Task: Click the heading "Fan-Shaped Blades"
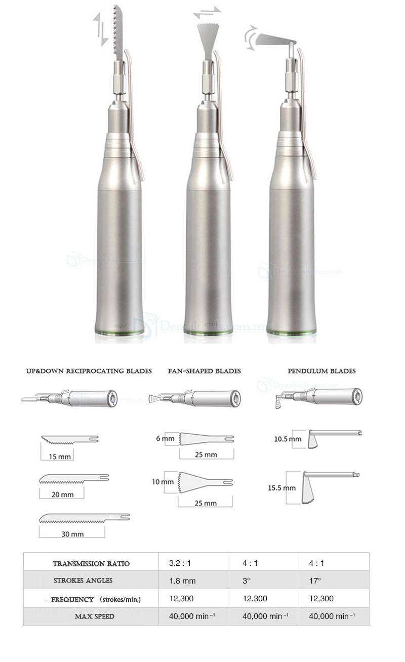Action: click(x=205, y=371)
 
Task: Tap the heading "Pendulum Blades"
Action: click(x=321, y=371)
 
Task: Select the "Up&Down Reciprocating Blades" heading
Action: click(x=89, y=371)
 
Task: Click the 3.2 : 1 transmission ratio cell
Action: click(x=180, y=563)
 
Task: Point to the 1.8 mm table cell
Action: click(x=182, y=581)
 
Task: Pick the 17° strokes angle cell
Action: click(x=315, y=581)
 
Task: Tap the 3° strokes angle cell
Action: click(x=246, y=581)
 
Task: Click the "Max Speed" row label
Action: click(x=94, y=616)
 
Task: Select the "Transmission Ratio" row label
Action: click(x=91, y=564)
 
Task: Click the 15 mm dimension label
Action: click(x=60, y=457)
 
